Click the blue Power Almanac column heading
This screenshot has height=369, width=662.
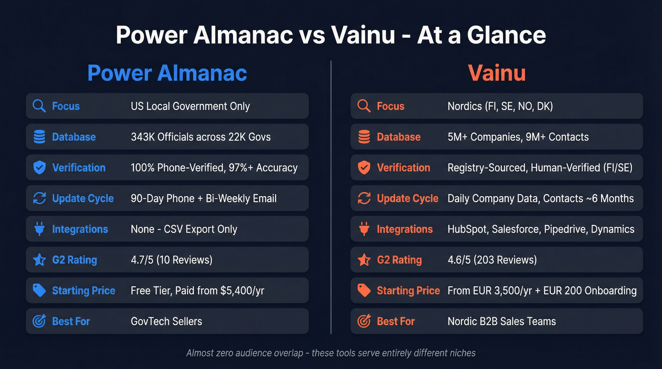[x=167, y=73]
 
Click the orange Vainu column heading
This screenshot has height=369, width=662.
[x=496, y=73]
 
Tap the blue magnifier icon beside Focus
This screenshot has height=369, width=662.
[x=39, y=106]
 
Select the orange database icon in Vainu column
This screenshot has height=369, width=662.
[x=364, y=137]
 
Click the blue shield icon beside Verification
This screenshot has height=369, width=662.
[x=39, y=168]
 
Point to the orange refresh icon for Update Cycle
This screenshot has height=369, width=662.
[x=364, y=198]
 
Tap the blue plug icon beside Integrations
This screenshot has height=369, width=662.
[x=39, y=229]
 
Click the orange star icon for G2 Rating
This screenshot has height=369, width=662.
[x=364, y=260]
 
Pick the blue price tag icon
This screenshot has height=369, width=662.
[x=39, y=291]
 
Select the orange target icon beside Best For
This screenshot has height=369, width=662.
[x=364, y=321]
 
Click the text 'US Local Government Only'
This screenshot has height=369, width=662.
[x=190, y=106]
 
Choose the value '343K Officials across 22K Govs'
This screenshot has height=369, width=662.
[x=200, y=137]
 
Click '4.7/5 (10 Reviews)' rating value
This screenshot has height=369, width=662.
[x=171, y=260]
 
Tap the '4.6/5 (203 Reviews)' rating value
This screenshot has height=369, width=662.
[x=492, y=260]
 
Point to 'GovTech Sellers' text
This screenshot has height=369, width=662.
[x=166, y=321]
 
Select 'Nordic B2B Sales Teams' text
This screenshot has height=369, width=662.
[x=501, y=321]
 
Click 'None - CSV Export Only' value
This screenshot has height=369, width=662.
[x=183, y=229]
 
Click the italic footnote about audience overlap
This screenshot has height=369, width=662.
[x=331, y=353]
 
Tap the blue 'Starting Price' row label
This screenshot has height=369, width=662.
[x=83, y=291]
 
